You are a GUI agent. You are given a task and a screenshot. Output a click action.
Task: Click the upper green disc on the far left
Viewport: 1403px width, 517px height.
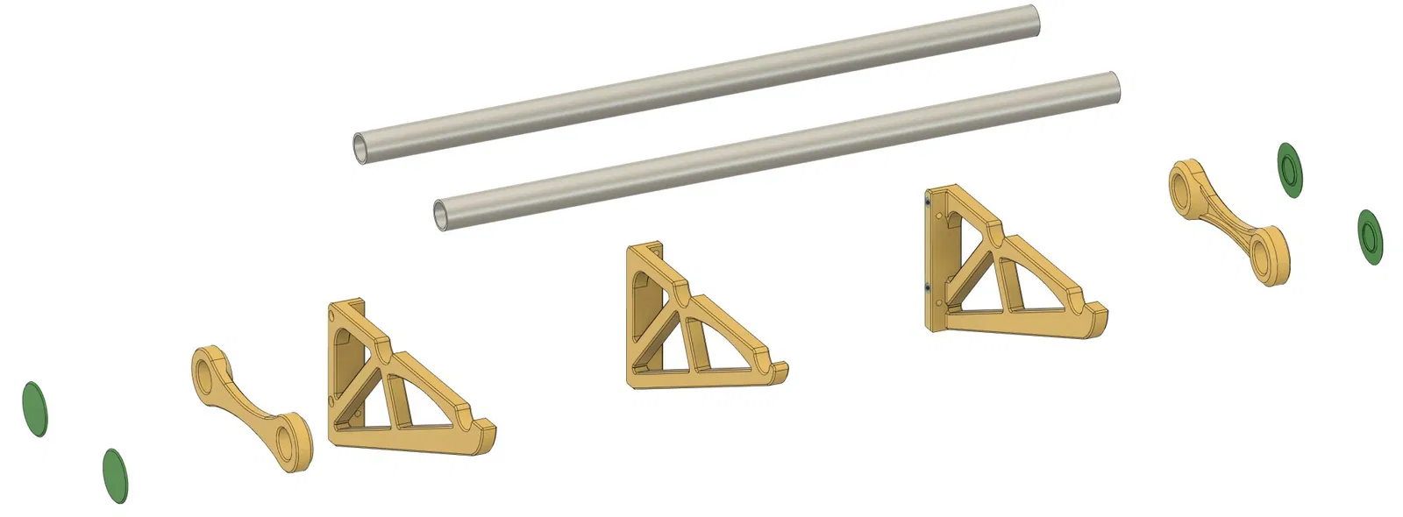point(34,409)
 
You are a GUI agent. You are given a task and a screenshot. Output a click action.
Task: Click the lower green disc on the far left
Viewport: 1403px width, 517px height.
point(115,476)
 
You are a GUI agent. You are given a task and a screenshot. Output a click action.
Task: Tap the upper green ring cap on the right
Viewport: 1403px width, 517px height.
point(1289,168)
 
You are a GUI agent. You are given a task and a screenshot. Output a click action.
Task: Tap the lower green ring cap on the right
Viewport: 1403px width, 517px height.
point(1370,236)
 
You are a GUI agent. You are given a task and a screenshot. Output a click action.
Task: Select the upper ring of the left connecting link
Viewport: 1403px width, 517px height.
point(207,369)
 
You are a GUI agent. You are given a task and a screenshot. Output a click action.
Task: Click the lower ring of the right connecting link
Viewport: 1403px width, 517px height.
point(1269,255)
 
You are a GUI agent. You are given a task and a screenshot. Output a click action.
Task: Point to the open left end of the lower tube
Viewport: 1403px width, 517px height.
point(444,215)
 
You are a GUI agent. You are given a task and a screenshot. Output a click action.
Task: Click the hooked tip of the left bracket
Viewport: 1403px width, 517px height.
point(486,432)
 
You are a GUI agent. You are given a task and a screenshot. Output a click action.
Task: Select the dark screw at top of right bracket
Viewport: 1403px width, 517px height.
point(929,202)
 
